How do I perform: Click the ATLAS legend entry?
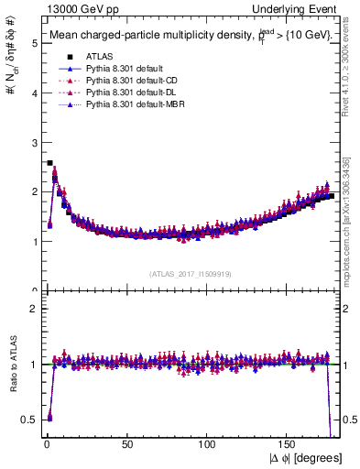97,57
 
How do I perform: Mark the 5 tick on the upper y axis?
32,43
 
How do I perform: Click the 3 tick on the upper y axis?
32,142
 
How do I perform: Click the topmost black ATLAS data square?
49,163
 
